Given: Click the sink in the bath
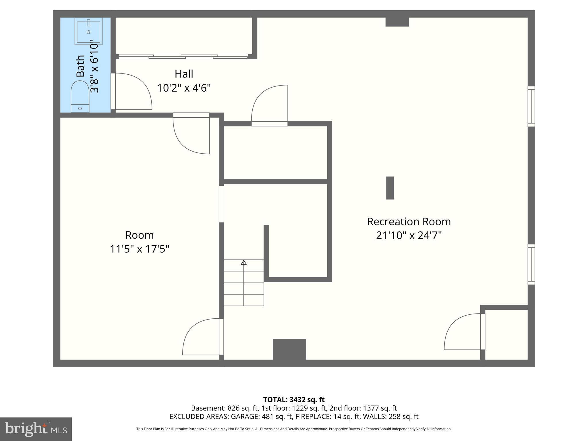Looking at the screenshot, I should point(88,31).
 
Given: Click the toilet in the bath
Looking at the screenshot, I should point(80,96).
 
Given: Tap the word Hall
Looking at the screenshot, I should point(184,74).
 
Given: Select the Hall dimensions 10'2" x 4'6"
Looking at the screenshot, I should point(184,88).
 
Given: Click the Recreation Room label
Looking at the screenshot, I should point(409,222).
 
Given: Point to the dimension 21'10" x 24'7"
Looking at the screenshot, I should point(409,236).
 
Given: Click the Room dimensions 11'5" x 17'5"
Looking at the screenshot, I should point(140,249).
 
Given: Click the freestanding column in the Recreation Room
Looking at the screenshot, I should point(390,188).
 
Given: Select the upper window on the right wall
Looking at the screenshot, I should point(531,106).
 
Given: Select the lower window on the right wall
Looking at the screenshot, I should point(531,264).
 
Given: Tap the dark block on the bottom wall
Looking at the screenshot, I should point(289,349).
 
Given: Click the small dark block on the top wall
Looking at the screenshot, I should point(397,22).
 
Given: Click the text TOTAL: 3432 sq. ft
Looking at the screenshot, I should point(294,400).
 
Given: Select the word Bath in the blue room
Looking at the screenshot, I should point(81,66).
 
